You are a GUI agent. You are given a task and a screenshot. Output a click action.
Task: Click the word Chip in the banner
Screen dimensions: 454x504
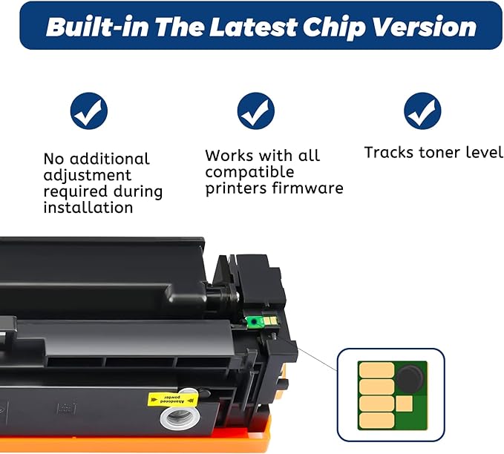pos(332,27)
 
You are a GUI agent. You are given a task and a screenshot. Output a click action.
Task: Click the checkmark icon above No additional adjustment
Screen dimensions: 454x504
pos(89,112)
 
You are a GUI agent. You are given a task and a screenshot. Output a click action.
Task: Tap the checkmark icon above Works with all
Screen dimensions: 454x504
pos(256,112)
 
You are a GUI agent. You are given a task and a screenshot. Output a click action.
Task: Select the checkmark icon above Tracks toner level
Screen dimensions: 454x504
pos(422,112)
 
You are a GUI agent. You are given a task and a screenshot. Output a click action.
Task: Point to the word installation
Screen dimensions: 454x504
pos(88,208)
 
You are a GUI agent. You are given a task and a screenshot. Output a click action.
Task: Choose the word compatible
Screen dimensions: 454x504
pos(249,172)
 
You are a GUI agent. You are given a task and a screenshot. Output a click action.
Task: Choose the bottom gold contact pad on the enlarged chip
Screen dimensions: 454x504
pos(376,421)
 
